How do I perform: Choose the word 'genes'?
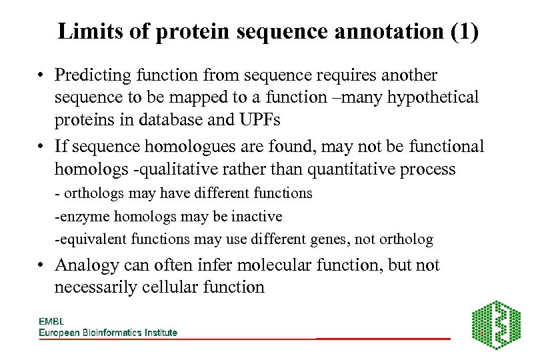tap(338, 239)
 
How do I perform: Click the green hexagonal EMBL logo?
tap(496, 324)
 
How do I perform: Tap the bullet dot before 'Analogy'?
tap(42, 266)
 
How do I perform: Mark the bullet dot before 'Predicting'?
tap(42, 76)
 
